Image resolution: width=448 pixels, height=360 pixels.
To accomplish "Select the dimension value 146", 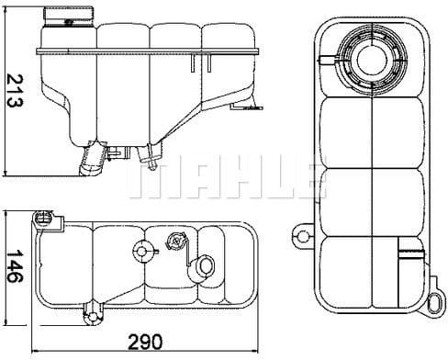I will pyautogui.click(x=11, y=267).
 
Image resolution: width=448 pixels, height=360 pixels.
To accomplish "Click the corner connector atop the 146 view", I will pyautogui.click(x=42, y=219).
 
